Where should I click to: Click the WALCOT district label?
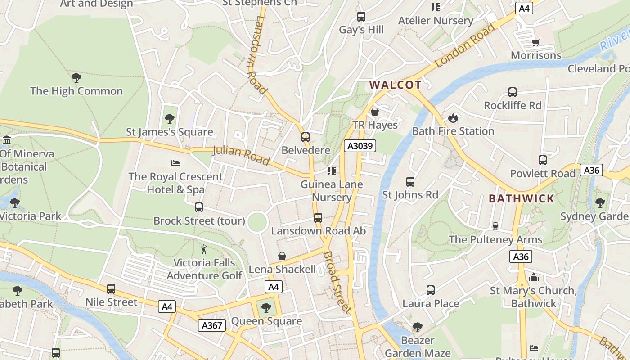(x=395, y=85)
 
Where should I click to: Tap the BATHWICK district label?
(x=522, y=198)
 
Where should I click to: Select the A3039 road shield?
(x=360, y=146)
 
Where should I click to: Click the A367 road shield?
(x=211, y=325)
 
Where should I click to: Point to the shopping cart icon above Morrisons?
(x=536, y=42)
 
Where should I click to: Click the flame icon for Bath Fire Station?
(x=453, y=118)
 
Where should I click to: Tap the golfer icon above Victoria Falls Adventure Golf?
(x=204, y=249)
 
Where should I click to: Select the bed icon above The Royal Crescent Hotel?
(x=175, y=163)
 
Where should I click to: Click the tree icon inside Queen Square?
(x=266, y=308)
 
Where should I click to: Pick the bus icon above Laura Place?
(x=431, y=290)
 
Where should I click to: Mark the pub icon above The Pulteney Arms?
(x=495, y=226)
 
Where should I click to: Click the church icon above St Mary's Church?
(x=534, y=277)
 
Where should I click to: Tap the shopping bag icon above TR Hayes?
(x=375, y=112)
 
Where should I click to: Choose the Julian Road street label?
(x=241, y=155)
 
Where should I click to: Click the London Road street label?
(x=465, y=45)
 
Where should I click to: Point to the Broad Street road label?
(x=337, y=282)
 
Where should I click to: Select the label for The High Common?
(x=76, y=91)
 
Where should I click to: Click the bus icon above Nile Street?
(x=111, y=289)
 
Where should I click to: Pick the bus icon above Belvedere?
(x=306, y=137)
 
